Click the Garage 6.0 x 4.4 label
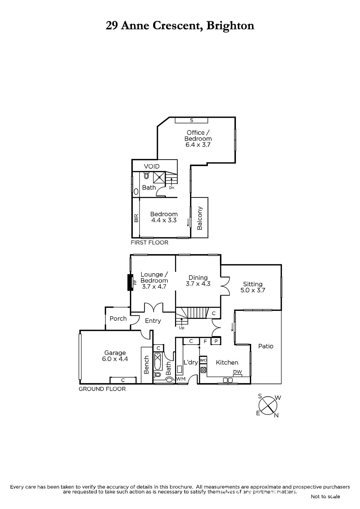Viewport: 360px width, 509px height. [115, 356]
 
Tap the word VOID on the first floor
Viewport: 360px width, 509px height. [152, 166]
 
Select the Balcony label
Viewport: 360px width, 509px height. [200, 218]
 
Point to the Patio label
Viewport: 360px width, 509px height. [265, 346]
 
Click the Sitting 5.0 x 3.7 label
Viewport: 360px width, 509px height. [253, 287]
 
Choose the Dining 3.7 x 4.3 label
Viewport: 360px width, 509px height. [198, 280]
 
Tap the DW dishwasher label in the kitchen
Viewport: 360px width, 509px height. [237, 372]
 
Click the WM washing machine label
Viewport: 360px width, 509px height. [181, 379]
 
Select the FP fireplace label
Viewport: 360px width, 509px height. [135, 282]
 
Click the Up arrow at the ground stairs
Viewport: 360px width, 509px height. [181, 322]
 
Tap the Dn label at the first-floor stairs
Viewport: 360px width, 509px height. [172, 188]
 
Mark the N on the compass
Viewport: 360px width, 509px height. [276, 415]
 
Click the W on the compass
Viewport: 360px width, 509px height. [278, 398]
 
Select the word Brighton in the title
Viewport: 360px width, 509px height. [230, 26]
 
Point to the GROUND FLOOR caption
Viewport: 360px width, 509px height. [102, 389]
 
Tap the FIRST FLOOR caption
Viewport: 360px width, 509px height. [149, 242]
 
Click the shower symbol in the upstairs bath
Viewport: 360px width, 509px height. [159, 178]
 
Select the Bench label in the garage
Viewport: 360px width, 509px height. [146, 365]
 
